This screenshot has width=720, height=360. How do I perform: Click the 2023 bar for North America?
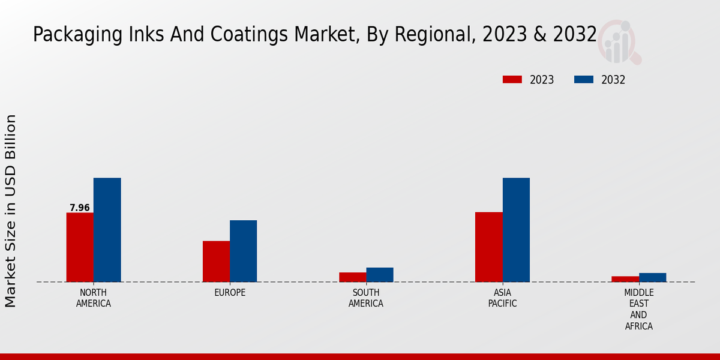point(80,247)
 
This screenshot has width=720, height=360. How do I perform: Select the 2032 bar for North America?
point(107,230)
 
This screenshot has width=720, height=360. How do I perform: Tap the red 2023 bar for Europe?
point(216,261)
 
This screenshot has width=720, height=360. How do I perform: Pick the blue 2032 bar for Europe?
point(243,251)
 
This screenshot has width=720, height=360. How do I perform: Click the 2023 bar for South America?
point(352,277)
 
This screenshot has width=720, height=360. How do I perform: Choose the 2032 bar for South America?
point(380,275)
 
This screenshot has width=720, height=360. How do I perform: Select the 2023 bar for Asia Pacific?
point(488,247)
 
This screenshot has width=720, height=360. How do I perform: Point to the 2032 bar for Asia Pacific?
point(516,230)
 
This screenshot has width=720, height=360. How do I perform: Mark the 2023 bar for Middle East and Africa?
point(625,279)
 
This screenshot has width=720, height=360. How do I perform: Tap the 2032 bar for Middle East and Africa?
point(652,277)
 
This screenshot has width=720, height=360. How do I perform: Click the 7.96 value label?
point(80,208)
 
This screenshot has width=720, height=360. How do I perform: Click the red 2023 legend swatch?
point(512,80)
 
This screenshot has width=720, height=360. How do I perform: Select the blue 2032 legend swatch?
point(584,80)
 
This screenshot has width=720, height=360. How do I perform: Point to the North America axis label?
point(94,298)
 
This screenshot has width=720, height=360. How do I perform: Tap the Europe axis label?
point(230,293)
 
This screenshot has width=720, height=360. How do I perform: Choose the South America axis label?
point(366,298)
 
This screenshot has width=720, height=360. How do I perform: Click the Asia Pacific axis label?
point(502,298)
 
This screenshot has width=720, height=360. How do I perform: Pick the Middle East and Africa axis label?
point(638,310)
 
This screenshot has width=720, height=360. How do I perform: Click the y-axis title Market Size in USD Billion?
point(11,211)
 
